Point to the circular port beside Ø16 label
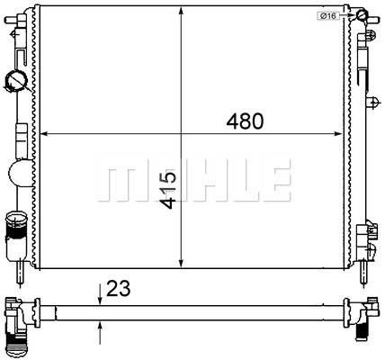tap(360, 15)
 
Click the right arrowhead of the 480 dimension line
tap(344, 134)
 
